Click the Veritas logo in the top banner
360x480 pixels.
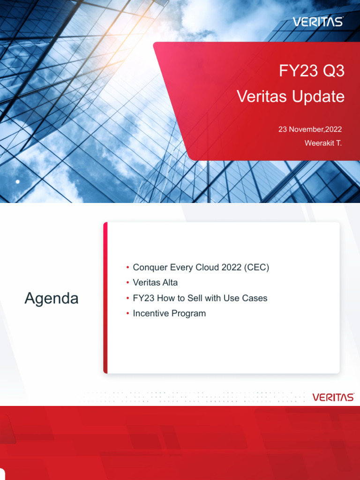[318, 22]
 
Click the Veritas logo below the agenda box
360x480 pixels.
[333, 397]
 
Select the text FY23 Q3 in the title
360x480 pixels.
[312, 71]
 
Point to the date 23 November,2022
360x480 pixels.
[310, 129]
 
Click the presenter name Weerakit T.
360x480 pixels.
[323, 143]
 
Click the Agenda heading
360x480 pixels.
[52, 298]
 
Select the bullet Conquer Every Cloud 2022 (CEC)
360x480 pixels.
[201, 268]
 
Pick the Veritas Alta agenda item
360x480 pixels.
[155, 283]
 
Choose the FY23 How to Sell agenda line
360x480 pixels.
[200, 298]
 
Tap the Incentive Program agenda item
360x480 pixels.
[169, 313]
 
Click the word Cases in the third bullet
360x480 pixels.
[256, 298]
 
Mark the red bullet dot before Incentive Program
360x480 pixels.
[127, 313]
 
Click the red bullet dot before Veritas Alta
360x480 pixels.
[127, 283]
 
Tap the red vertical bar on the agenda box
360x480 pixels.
[105, 298]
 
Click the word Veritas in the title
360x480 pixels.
[261, 97]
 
